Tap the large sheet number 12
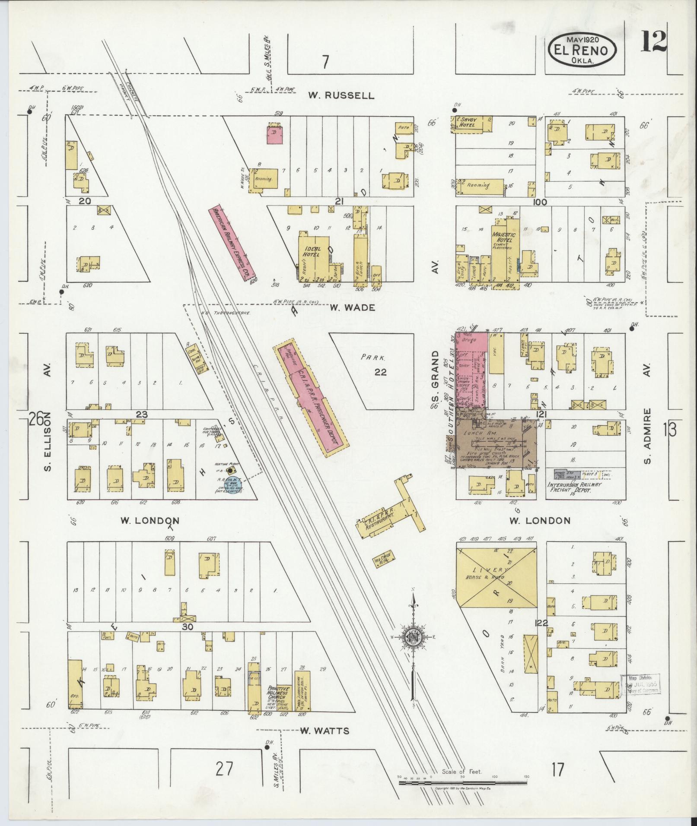pos(653,41)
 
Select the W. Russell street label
pos(341,95)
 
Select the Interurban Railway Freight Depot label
pos(574,487)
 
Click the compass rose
pos(414,636)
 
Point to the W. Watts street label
pos(324,731)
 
